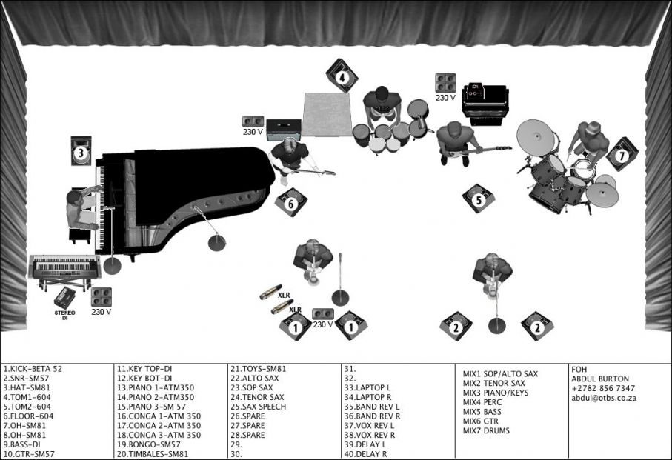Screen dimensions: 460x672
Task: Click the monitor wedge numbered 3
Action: pyautogui.click(x=81, y=153)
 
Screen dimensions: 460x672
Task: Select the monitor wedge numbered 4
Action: pyautogui.click(x=342, y=76)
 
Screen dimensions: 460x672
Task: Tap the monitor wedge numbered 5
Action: pyautogui.click(x=479, y=199)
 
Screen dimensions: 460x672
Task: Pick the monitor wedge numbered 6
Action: pyautogui.click(x=291, y=202)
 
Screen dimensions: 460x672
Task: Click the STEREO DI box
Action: pyautogui.click(x=64, y=299)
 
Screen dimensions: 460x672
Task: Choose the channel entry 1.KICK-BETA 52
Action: pyautogui.click(x=33, y=368)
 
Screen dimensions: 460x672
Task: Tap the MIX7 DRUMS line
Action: pyautogui.click(x=487, y=430)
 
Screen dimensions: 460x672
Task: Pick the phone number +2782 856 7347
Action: pyautogui.click(x=603, y=388)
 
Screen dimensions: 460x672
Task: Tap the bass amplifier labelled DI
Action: pyautogui.click(x=485, y=104)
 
